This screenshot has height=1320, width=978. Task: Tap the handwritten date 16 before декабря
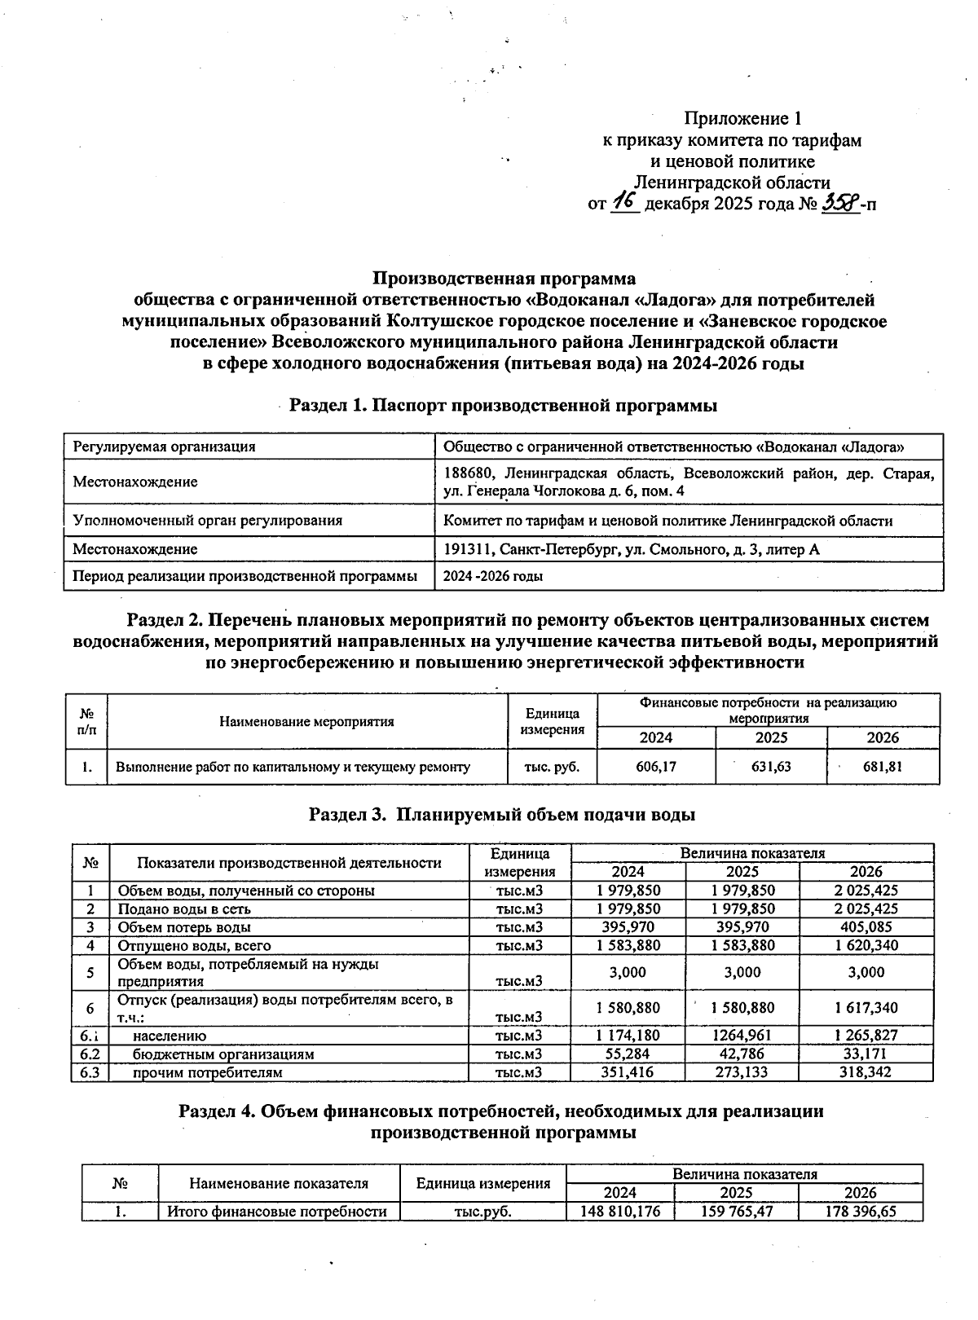click(x=625, y=202)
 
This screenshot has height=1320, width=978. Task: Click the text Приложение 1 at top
click(x=748, y=119)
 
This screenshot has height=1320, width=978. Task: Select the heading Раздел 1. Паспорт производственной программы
click(x=504, y=405)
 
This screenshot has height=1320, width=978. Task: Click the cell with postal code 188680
click(x=689, y=482)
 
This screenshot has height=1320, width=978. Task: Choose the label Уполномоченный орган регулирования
click(x=208, y=520)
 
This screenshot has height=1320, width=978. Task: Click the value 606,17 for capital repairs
click(x=656, y=766)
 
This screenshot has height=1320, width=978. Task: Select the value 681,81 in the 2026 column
click(x=883, y=766)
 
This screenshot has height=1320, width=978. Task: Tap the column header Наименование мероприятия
click(x=306, y=721)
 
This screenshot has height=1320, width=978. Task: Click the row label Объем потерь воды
click(x=184, y=927)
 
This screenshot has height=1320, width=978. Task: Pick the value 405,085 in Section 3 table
click(x=866, y=927)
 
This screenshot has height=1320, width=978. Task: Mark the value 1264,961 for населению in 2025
click(x=742, y=1036)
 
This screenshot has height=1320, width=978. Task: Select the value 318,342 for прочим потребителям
click(x=866, y=1072)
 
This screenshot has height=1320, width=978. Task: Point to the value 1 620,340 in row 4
click(x=866, y=945)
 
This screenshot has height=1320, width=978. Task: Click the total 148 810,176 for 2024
click(x=620, y=1211)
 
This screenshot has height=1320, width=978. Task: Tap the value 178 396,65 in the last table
click(x=860, y=1211)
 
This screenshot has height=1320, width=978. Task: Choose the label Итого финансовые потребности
click(x=277, y=1211)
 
